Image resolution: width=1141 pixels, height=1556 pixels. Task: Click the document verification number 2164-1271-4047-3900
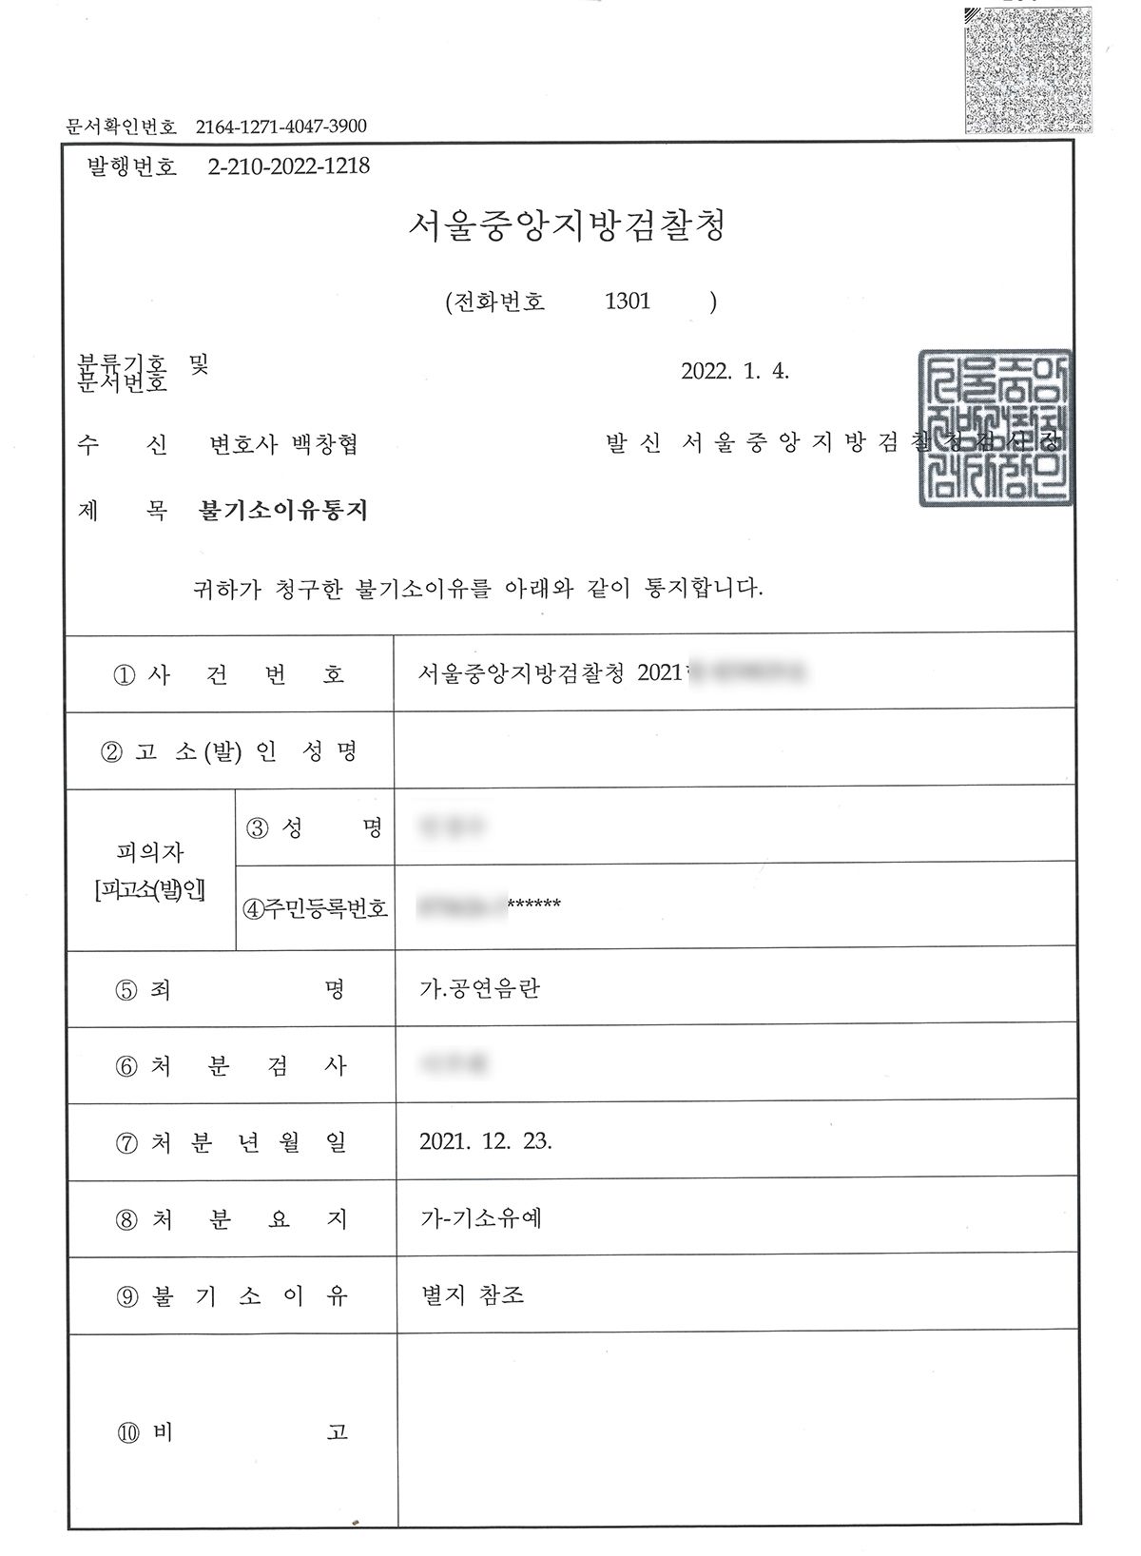pyautogui.click(x=280, y=126)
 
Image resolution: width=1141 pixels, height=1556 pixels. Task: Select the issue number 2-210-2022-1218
pyautogui.click(x=288, y=166)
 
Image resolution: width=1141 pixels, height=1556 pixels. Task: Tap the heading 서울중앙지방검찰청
pyautogui.click(x=567, y=226)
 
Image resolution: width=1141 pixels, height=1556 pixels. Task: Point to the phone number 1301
pyautogui.click(x=628, y=301)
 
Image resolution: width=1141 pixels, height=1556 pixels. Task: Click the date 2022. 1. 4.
pyautogui.click(x=735, y=371)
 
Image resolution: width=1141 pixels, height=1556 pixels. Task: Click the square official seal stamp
pyautogui.click(x=995, y=428)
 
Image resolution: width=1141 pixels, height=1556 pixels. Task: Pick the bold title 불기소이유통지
pyautogui.click(x=282, y=511)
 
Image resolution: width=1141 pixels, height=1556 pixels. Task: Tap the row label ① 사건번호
pyautogui.click(x=229, y=674)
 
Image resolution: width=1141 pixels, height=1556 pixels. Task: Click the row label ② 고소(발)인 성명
pyautogui.click(x=229, y=751)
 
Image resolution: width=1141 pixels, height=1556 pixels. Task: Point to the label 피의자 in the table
pyautogui.click(x=149, y=852)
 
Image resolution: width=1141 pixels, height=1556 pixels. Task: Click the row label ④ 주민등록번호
pyautogui.click(x=315, y=907)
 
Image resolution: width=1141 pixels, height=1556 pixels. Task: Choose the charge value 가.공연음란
pyautogui.click(x=480, y=989)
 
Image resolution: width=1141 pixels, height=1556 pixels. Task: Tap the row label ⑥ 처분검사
pyautogui.click(x=231, y=1066)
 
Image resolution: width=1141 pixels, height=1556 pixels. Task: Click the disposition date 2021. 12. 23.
pyautogui.click(x=485, y=1142)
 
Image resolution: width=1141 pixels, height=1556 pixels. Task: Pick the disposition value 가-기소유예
pyautogui.click(x=481, y=1218)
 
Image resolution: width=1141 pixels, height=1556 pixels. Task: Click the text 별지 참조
pyautogui.click(x=473, y=1295)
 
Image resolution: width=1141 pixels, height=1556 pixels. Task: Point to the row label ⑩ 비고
pyautogui.click(x=231, y=1432)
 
